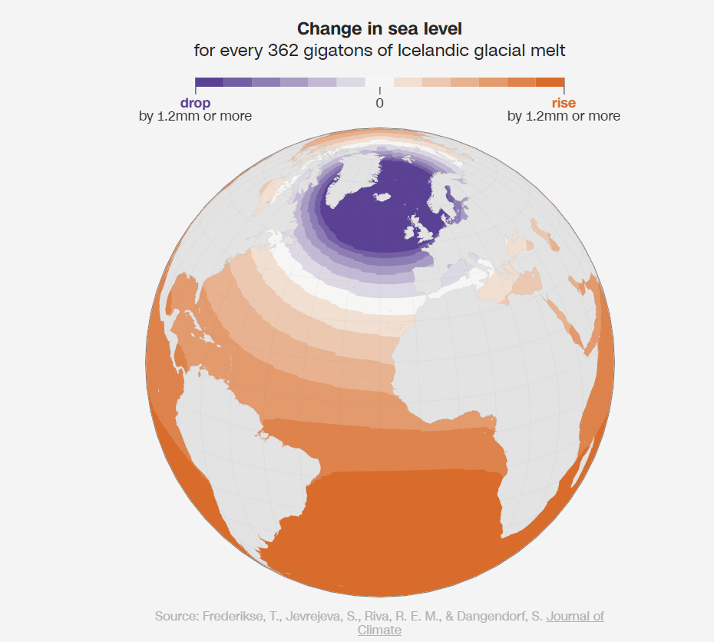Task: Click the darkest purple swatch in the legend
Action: (x=209, y=82)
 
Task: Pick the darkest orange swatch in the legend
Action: (x=550, y=82)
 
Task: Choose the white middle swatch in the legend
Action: (x=379, y=82)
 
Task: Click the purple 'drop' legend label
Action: (x=195, y=103)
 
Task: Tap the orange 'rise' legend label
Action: (x=564, y=103)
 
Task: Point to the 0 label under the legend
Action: (x=379, y=103)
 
